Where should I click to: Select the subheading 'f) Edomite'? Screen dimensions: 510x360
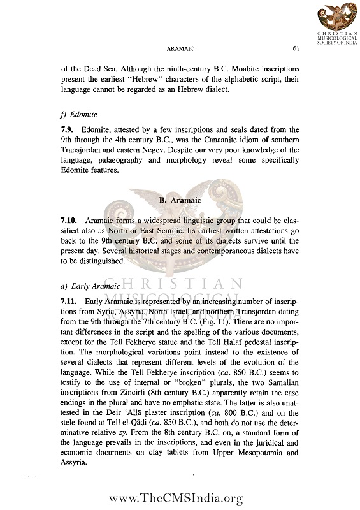[80, 115]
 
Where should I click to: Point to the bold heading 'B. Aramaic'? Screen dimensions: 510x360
[180, 200]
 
